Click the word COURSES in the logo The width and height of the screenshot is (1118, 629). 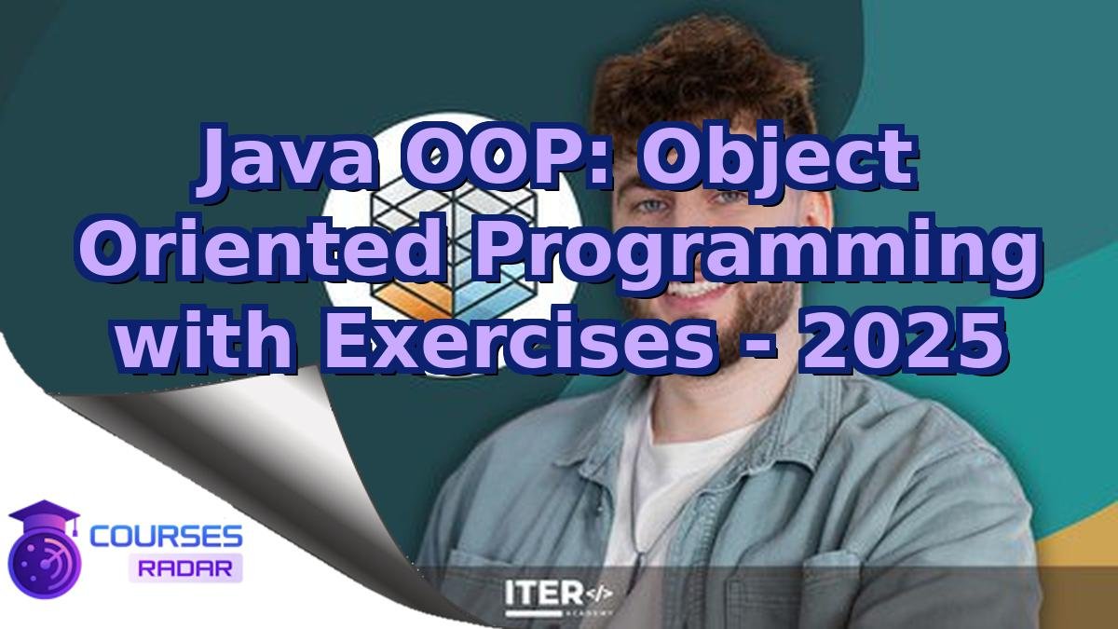coord(166,536)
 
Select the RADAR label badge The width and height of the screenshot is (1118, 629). coord(185,567)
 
